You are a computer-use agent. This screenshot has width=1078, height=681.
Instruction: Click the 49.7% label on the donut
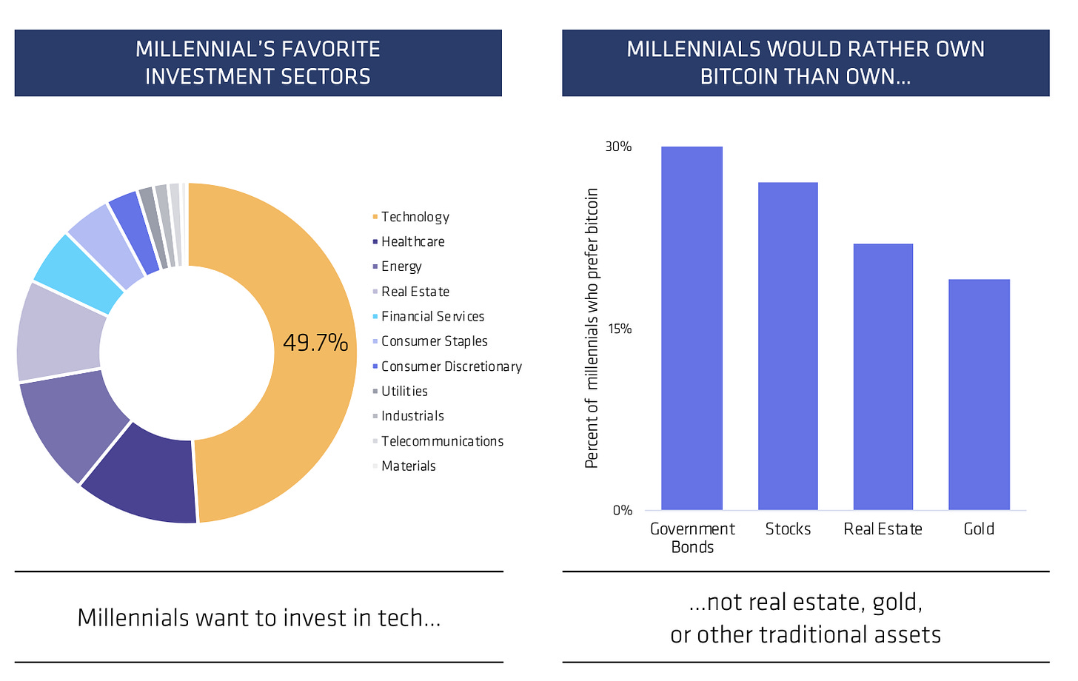coord(315,343)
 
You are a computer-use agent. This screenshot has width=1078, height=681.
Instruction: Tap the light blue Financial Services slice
coord(77,275)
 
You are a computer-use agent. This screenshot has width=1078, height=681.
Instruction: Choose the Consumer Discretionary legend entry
coord(447,366)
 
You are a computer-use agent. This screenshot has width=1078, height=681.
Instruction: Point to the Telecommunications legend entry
coord(438,441)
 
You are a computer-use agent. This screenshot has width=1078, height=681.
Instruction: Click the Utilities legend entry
coord(400,392)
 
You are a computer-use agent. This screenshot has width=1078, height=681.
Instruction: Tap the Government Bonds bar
coord(692,328)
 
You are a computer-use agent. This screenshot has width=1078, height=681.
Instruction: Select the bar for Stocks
coord(788,346)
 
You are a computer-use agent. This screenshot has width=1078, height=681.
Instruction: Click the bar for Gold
coord(979,394)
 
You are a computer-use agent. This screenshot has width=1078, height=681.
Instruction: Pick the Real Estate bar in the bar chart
coord(883,376)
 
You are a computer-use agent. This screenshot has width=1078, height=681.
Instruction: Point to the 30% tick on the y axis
coord(618,147)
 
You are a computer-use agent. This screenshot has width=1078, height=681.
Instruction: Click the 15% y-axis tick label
coord(620,329)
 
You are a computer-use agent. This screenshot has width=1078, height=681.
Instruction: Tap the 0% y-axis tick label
coord(622,510)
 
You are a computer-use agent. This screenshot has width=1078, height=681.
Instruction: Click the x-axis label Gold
coord(979,529)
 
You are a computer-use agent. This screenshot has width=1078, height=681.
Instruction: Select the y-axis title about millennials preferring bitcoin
coord(592,328)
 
